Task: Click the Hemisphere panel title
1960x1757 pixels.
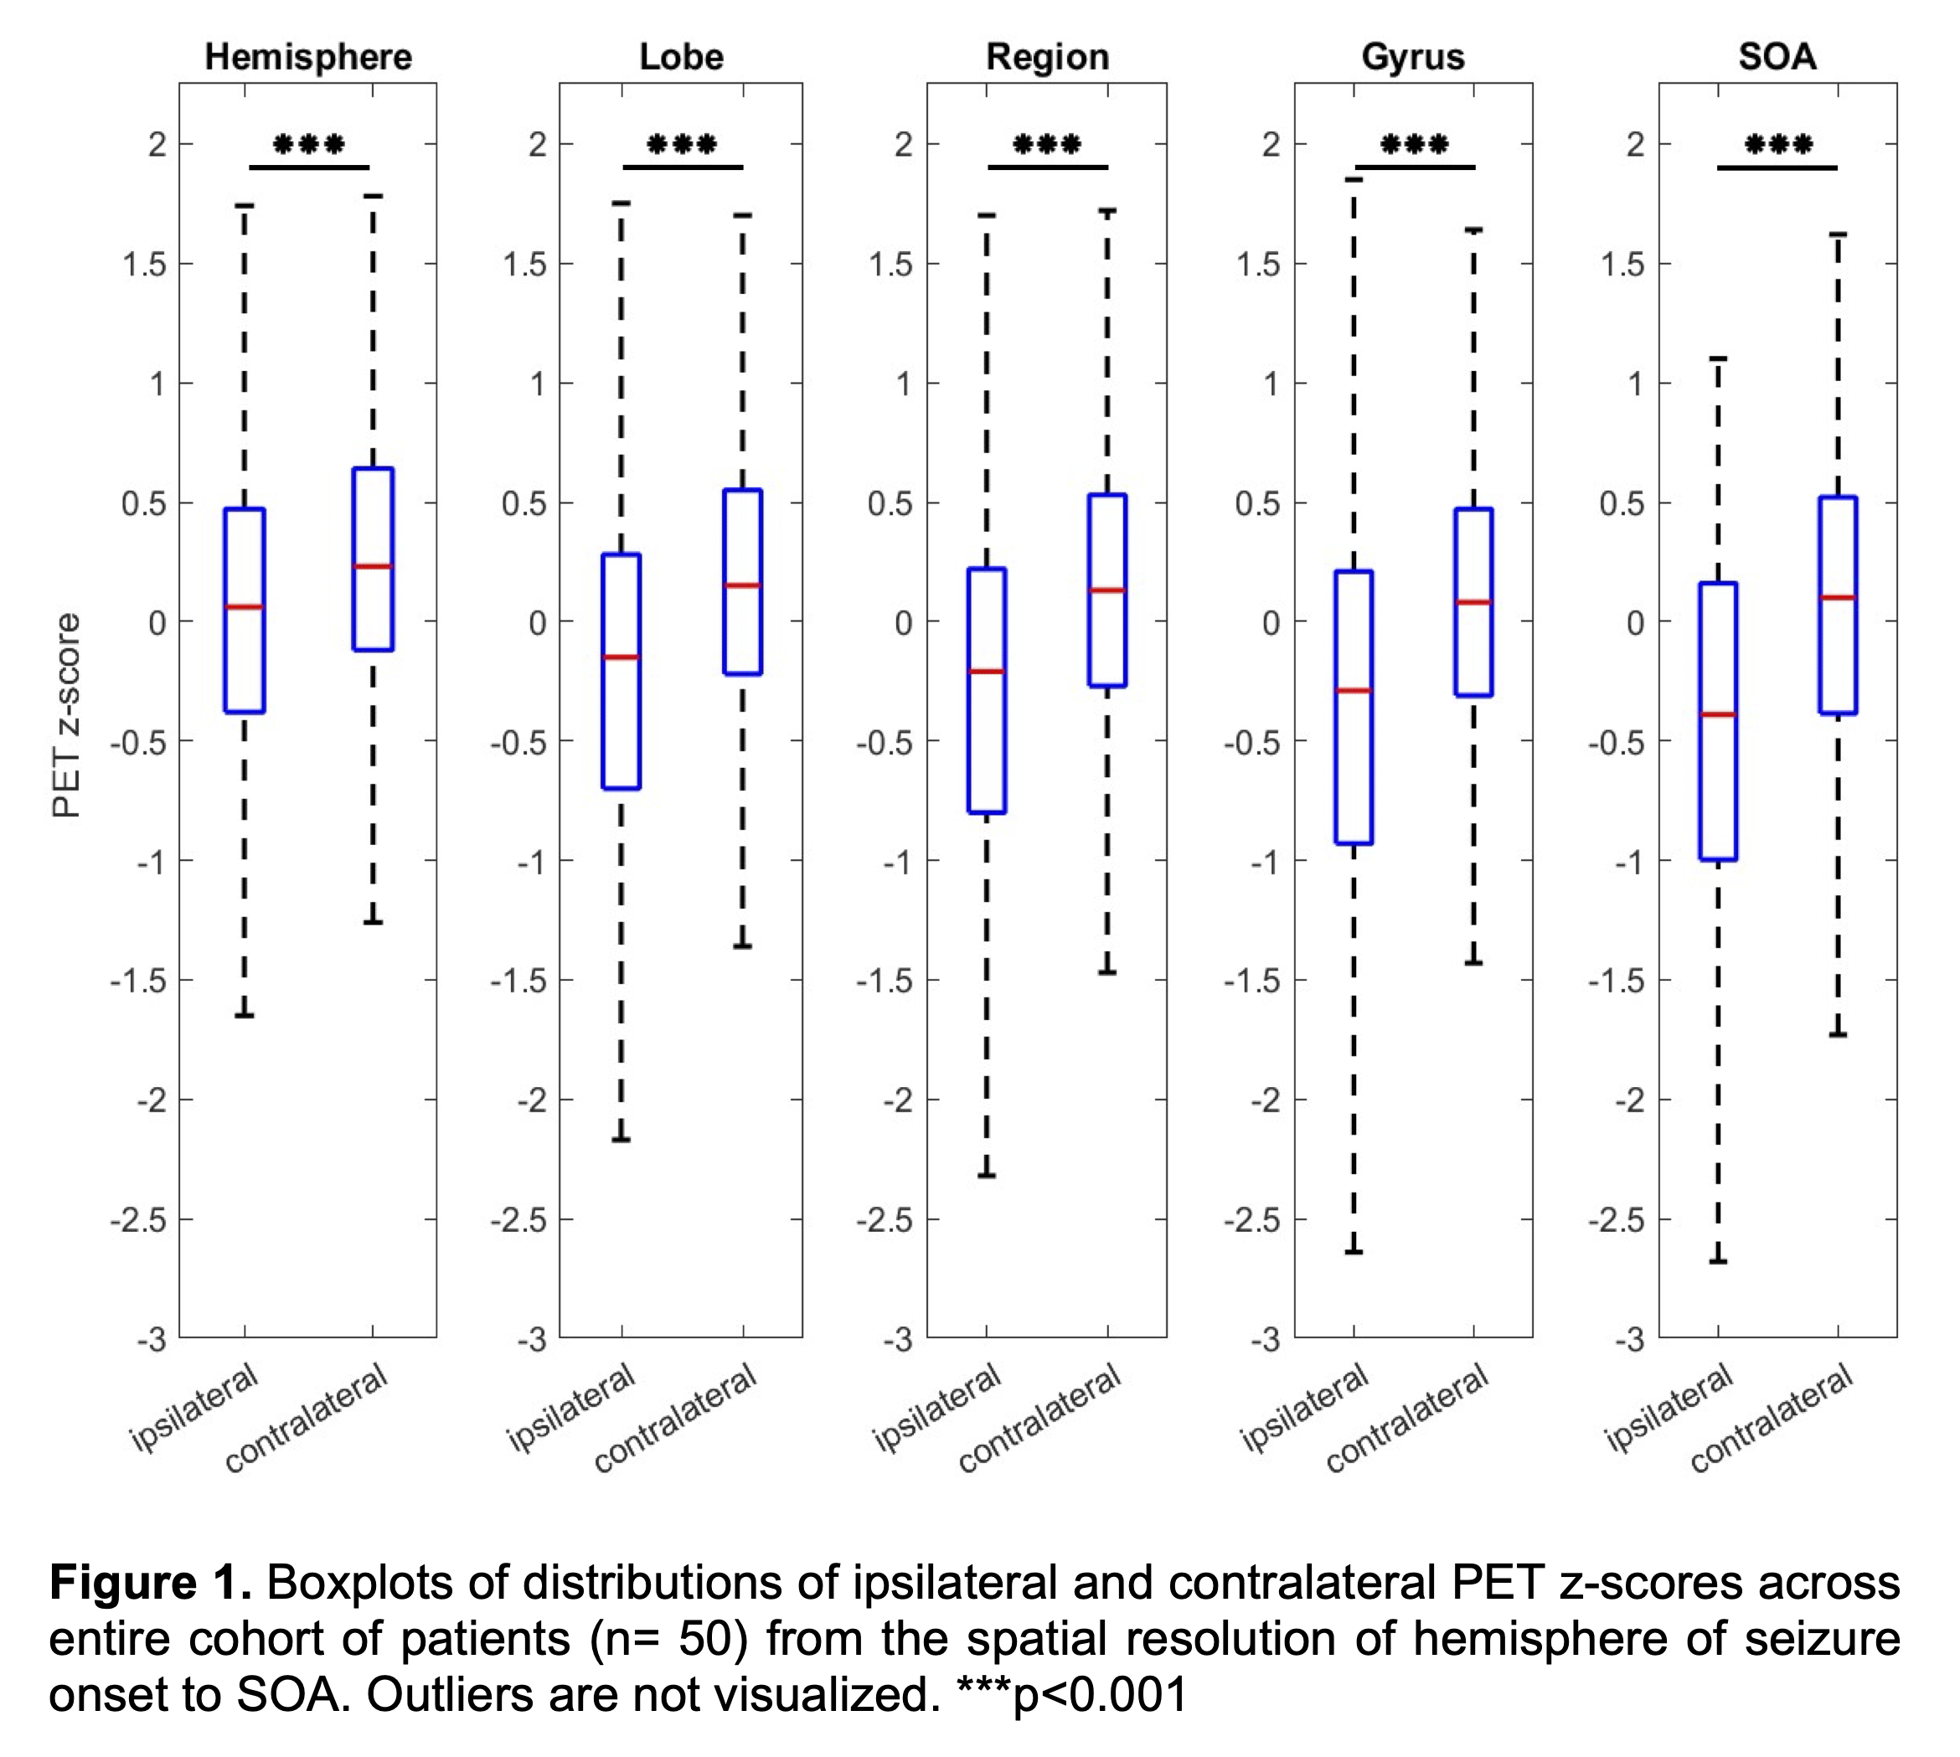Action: click(x=308, y=57)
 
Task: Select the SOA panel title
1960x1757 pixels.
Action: click(x=1777, y=57)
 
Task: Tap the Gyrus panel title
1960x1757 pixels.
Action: click(x=1412, y=57)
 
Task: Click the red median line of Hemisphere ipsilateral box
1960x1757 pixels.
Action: click(x=245, y=607)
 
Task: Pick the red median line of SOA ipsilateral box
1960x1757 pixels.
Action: click(x=1718, y=714)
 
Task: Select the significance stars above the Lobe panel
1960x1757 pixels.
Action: click(x=682, y=146)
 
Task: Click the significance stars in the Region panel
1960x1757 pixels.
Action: click(x=1047, y=146)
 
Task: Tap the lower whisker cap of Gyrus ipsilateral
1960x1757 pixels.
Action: click(x=1354, y=1252)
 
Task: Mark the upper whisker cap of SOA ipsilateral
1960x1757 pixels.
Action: click(x=1718, y=358)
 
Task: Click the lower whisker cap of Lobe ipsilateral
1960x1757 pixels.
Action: click(x=621, y=1140)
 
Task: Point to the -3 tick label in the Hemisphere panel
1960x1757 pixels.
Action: click(x=152, y=1339)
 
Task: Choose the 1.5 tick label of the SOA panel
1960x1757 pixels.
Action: click(x=1623, y=265)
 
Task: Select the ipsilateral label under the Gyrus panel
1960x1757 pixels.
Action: click(x=1304, y=1407)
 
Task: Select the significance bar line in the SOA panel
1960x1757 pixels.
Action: click(x=1777, y=168)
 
